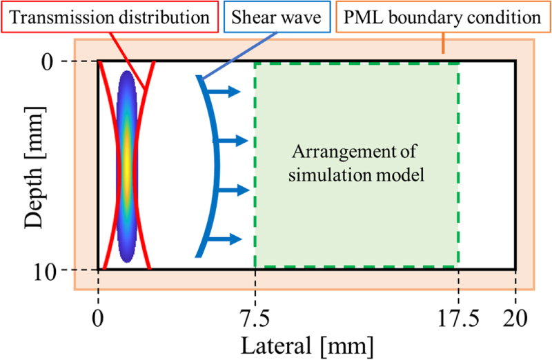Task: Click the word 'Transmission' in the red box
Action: [57, 17]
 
